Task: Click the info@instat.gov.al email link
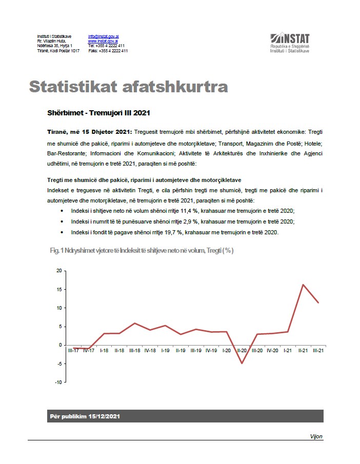click(104, 36)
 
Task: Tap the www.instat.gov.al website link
click(103, 41)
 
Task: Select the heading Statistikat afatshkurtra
click(128, 87)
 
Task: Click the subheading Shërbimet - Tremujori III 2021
click(98, 112)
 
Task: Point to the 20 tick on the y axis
click(58, 271)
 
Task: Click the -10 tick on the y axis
click(58, 382)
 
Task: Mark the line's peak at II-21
click(303, 285)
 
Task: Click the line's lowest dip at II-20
click(242, 364)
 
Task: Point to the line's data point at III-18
click(134, 324)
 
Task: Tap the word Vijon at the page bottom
click(316, 436)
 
